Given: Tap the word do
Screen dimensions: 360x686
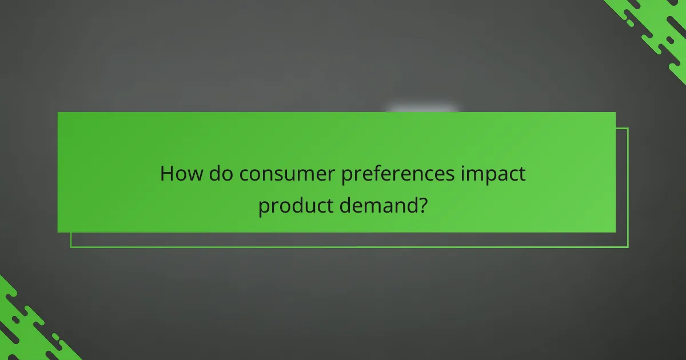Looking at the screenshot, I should [x=220, y=174].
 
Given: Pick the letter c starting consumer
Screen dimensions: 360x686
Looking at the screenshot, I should [x=244, y=175].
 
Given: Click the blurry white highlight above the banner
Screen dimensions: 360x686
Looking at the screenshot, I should [x=422, y=109].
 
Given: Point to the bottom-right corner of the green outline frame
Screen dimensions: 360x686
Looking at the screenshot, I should [x=628, y=247].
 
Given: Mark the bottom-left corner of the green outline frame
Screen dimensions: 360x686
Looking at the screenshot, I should [x=71, y=247].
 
